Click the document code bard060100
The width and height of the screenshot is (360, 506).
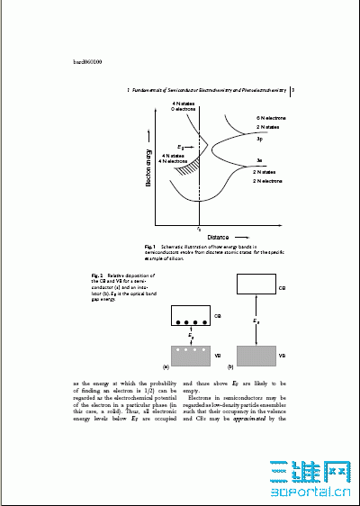(x=87, y=62)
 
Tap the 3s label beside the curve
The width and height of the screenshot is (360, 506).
(x=258, y=159)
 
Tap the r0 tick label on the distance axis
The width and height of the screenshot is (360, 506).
(x=198, y=229)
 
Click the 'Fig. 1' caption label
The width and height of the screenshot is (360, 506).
(x=150, y=246)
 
